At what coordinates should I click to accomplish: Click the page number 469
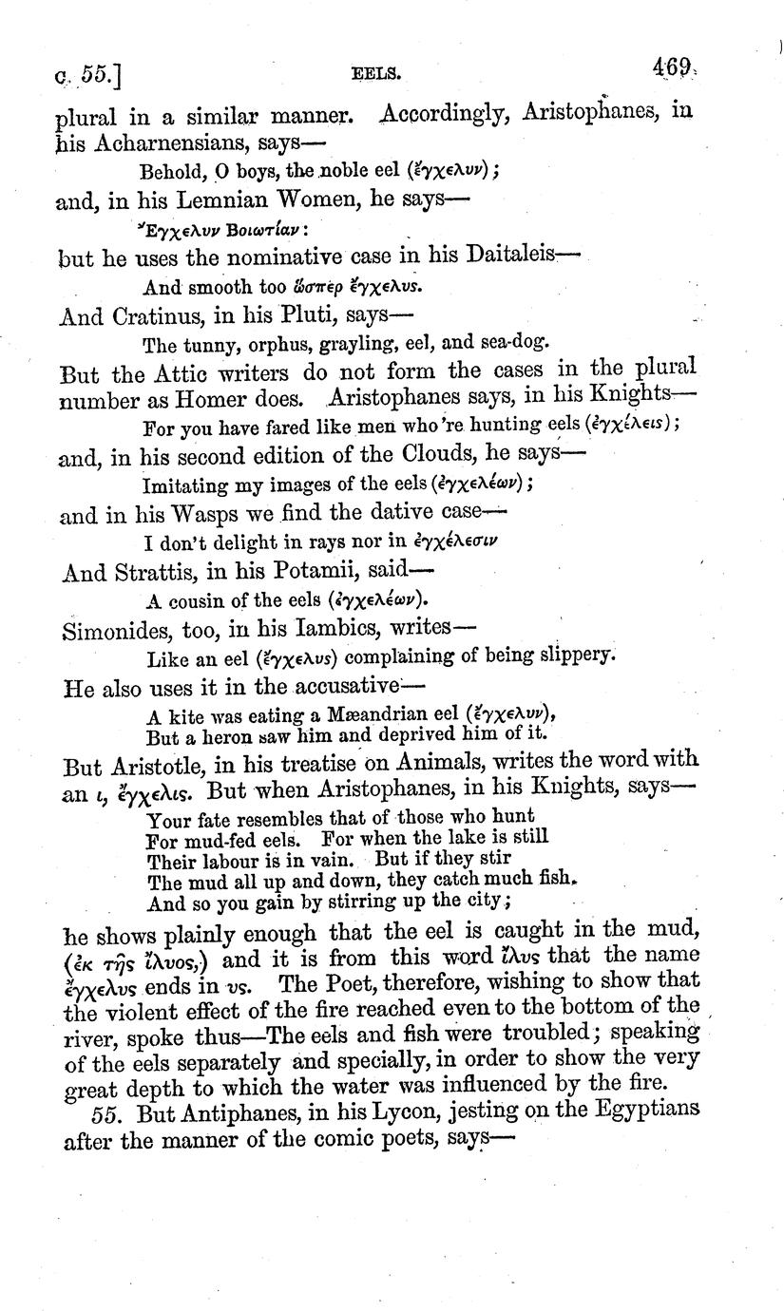pos(673,67)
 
